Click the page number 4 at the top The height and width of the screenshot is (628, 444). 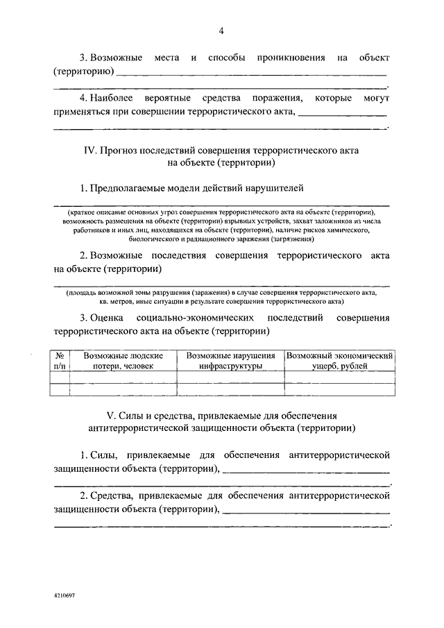pos(221,30)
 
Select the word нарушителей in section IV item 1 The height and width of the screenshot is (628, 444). pos(275,188)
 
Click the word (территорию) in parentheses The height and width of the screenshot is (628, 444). pos(83,71)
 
